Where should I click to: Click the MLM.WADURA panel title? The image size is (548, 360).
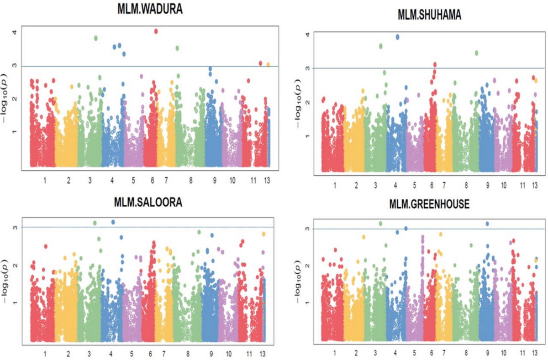click(150, 10)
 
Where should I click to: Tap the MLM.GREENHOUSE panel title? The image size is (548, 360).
click(429, 205)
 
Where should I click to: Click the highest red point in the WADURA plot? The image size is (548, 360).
click(156, 31)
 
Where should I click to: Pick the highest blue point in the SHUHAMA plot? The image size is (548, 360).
click(397, 37)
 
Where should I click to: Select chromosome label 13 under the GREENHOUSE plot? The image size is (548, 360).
click(535, 353)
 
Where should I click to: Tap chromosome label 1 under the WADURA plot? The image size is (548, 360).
click(45, 181)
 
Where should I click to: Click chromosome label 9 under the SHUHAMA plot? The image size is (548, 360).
click(487, 186)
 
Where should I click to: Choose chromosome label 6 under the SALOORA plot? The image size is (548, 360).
click(150, 354)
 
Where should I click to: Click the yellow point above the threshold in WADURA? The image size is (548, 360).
click(269, 65)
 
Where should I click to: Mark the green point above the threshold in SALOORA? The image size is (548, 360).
click(95, 223)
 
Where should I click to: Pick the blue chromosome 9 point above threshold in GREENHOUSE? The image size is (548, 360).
click(487, 224)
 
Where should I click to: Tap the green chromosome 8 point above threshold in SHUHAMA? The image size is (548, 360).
click(476, 53)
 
